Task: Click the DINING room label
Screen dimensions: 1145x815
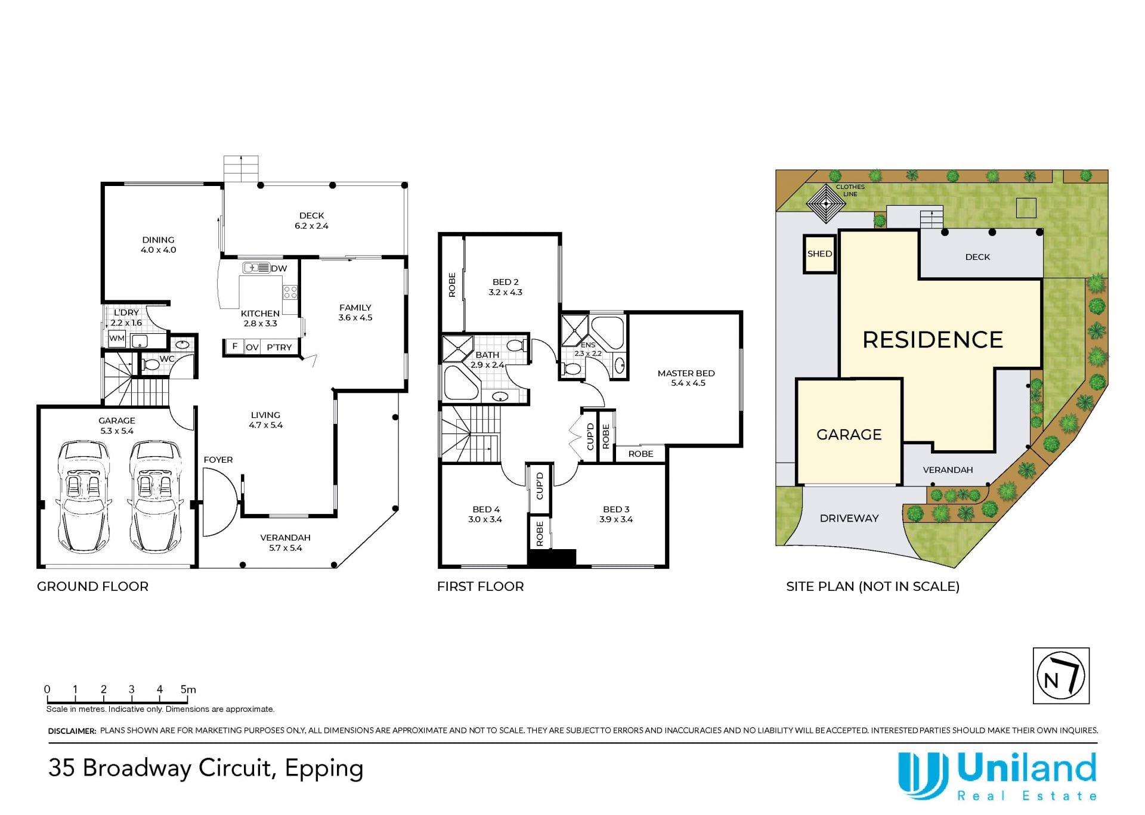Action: pyautogui.click(x=158, y=240)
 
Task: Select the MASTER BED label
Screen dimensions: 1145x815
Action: pyautogui.click(x=686, y=373)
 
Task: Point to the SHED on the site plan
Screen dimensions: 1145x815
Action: pyautogui.click(x=819, y=254)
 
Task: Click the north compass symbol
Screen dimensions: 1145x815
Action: pyautogui.click(x=1061, y=676)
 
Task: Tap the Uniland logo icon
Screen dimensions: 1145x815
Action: pyautogui.click(x=923, y=776)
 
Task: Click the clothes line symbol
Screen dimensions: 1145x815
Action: pyautogui.click(x=826, y=203)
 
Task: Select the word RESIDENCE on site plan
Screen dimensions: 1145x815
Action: pyautogui.click(x=933, y=340)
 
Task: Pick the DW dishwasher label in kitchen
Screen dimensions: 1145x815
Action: pyautogui.click(x=278, y=268)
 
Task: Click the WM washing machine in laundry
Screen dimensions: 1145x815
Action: pyautogui.click(x=117, y=339)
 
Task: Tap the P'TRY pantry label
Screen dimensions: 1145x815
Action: pyautogui.click(x=279, y=347)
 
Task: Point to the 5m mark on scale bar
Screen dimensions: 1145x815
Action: pyautogui.click(x=188, y=689)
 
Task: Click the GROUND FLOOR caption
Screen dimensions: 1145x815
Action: pyautogui.click(x=92, y=586)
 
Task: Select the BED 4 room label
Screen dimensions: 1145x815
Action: pyautogui.click(x=486, y=509)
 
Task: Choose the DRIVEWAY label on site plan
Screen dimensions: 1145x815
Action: pyautogui.click(x=849, y=518)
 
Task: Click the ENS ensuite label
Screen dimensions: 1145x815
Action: pyautogui.click(x=588, y=345)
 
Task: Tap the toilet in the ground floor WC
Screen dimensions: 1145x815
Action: pyautogui.click(x=151, y=364)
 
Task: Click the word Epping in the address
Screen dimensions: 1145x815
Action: pyautogui.click(x=324, y=769)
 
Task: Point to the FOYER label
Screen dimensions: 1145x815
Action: pyautogui.click(x=218, y=460)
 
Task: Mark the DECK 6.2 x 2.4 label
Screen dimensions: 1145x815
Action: pyautogui.click(x=311, y=221)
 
